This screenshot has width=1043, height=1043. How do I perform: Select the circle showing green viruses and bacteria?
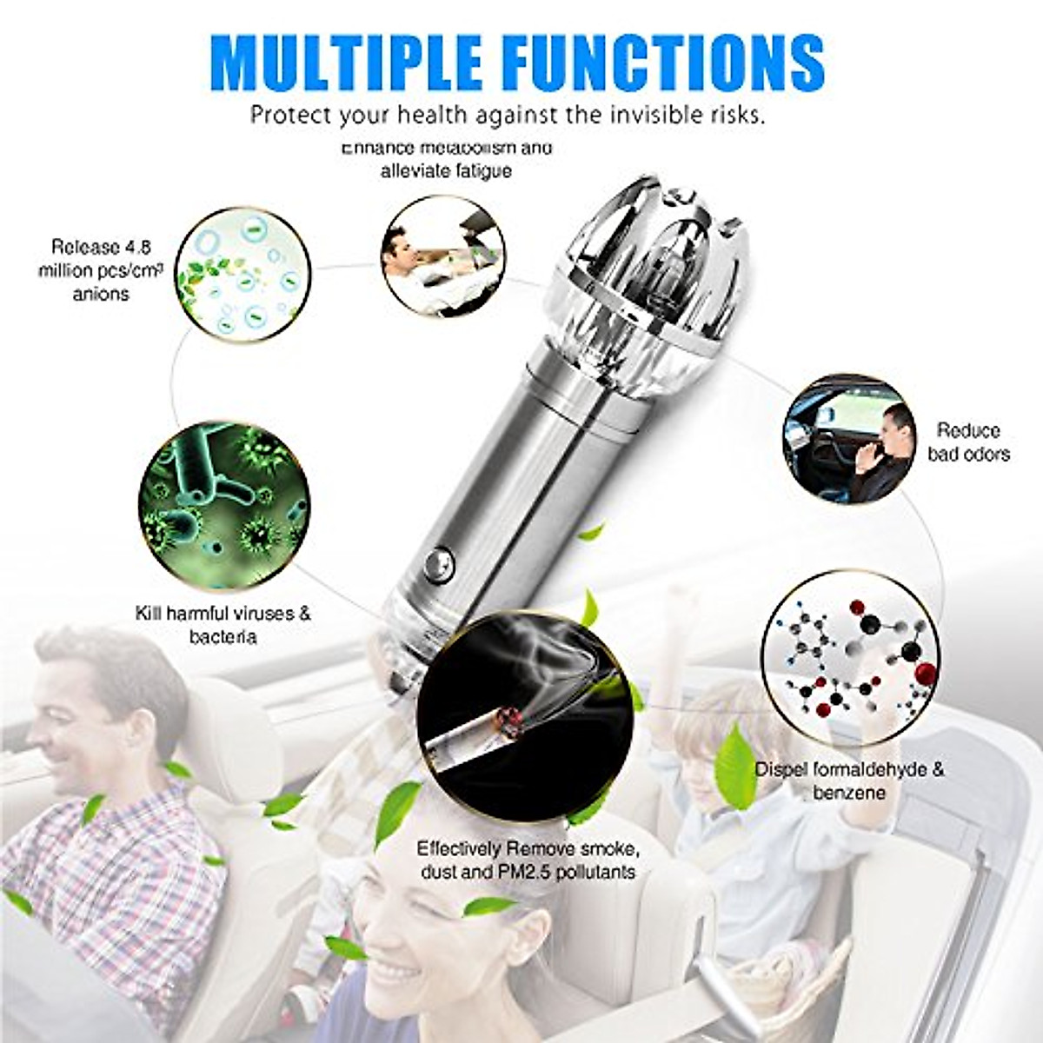(x=224, y=504)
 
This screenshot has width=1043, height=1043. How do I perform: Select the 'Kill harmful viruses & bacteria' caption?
(x=223, y=625)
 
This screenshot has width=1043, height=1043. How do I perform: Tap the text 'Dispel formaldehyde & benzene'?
(x=849, y=781)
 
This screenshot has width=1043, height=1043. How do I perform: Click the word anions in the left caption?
(x=101, y=294)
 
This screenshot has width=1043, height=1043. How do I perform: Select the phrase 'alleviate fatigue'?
(x=446, y=171)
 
